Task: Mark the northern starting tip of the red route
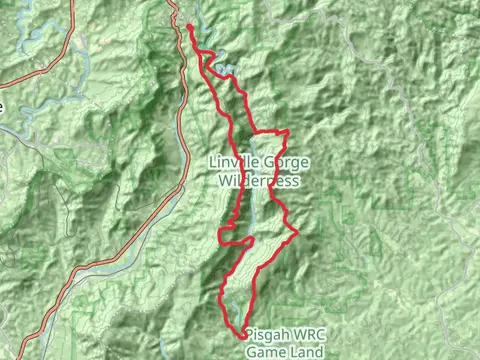click(x=189, y=25)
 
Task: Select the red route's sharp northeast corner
click(x=288, y=131)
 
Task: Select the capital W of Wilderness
click(x=222, y=181)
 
